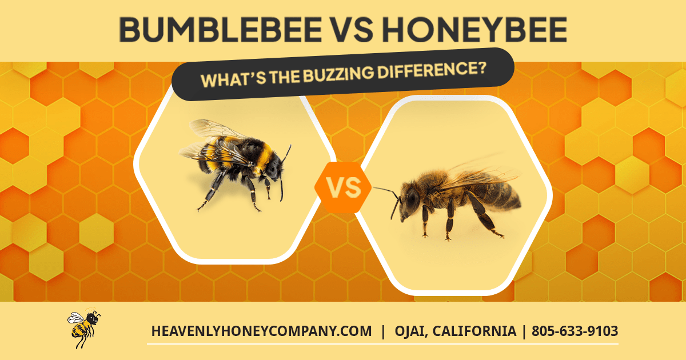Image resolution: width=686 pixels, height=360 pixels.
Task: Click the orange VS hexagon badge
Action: (x=343, y=187)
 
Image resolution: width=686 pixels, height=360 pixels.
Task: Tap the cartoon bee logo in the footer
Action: (x=83, y=329)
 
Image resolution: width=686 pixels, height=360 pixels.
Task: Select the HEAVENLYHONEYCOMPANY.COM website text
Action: (x=261, y=331)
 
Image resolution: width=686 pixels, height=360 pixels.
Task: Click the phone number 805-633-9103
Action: (x=575, y=331)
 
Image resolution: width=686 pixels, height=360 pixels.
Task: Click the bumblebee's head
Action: (x=275, y=166)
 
